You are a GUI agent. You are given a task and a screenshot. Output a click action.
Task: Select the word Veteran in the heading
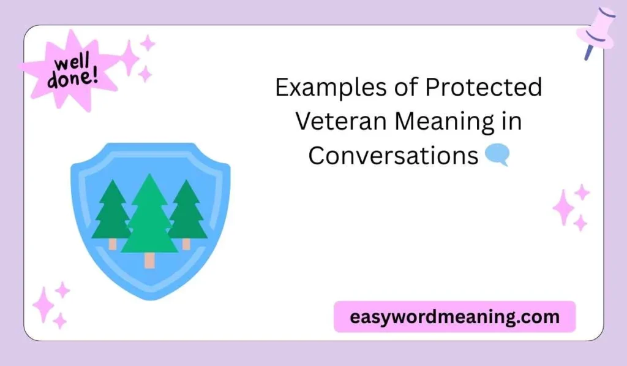pyautogui.click(x=341, y=122)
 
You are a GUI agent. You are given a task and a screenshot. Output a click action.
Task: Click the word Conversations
pyautogui.click(x=392, y=156)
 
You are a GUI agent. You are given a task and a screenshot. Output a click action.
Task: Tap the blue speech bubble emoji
pyautogui.click(x=496, y=155)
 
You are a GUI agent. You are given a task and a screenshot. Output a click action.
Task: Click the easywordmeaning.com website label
pyautogui.click(x=454, y=317)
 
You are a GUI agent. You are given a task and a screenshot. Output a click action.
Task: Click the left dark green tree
pyautogui.click(x=112, y=212)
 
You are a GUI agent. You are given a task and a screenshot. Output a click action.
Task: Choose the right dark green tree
pyautogui.click(x=186, y=212)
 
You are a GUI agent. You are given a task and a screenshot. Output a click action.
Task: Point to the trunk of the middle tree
pyautogui.click(x=149, y=260)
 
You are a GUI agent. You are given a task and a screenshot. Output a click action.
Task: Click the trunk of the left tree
pyautogui.click(x=113, y=243)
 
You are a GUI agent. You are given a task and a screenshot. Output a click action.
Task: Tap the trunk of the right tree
pyautogui.click(x=186, y=243)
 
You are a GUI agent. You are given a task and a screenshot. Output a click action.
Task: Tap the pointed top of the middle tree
pyautogui.click(x=149, y=176)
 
